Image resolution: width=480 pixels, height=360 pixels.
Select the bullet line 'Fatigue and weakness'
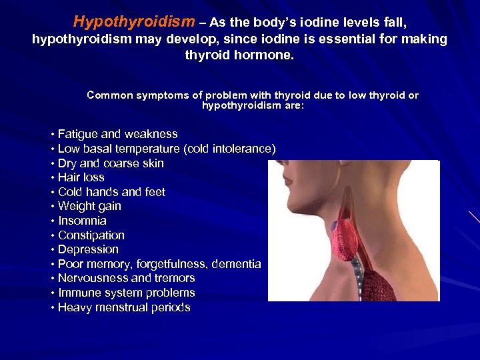point(117,134)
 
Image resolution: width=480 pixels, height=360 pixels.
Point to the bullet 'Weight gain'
point(89,206)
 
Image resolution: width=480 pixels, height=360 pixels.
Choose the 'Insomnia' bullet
point(82,221)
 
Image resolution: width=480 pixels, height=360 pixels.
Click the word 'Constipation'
point(91,235)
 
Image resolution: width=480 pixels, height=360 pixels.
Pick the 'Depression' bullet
point(88,249)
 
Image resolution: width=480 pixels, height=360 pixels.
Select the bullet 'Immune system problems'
point(126,293)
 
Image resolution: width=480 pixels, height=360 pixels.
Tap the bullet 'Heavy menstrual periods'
point(124,307)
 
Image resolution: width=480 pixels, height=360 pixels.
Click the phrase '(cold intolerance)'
point(229,149)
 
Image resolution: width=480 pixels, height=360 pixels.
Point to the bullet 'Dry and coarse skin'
point(111,163)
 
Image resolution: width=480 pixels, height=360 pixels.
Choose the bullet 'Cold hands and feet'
point(111,192)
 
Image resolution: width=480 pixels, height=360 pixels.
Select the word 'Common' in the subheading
point(109,95)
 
